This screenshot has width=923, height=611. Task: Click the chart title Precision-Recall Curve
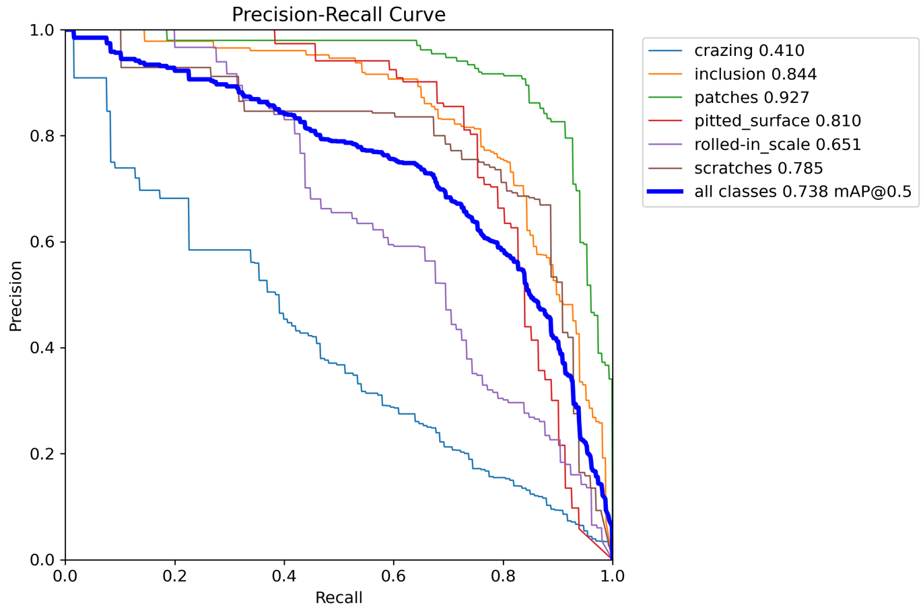tap(338, 15)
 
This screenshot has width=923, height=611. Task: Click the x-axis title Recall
tap(339, 598)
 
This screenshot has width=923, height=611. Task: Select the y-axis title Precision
tap(15, 295)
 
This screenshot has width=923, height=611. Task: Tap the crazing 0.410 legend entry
tap(749, 50)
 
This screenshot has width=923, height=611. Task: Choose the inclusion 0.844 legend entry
tap(755, 74)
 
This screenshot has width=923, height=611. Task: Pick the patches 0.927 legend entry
tap(751, 98)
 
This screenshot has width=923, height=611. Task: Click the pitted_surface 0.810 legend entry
tap(778, 121)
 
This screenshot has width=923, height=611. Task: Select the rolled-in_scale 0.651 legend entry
tap(778, 145)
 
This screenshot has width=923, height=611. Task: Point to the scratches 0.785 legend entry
tap(759, 168)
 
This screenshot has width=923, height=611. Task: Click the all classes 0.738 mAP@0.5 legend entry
tap(802, 192)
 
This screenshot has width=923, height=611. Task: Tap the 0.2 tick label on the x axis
tap(174, 577)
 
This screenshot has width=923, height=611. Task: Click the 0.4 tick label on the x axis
tap(284, 577)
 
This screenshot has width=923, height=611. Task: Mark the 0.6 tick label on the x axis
tap(393, 577)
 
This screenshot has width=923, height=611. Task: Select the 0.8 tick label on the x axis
tap(503, 577)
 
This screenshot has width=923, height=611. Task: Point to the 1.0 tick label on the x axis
tap(612, 577)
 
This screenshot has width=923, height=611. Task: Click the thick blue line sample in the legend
tap(665, 192)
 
